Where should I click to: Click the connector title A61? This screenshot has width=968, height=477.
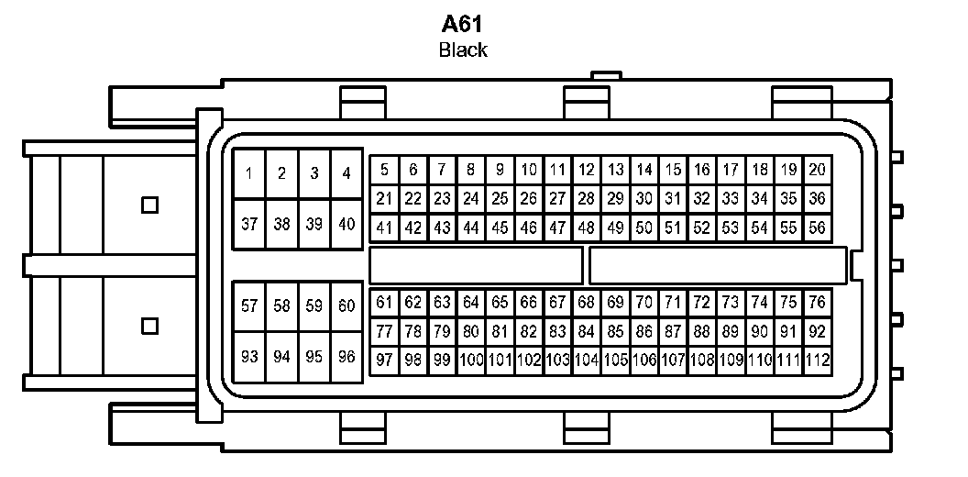[462, 25]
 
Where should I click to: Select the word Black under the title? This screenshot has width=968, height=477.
[462, 50]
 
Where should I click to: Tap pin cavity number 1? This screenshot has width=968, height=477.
[249, 173]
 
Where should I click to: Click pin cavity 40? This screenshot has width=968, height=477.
[346, 224]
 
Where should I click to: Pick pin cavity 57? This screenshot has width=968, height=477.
[249, 306]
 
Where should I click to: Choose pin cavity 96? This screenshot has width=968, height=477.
[346, 357]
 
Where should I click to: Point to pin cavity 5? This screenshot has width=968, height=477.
[384, 170]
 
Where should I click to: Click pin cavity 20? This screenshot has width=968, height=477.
[817, 170]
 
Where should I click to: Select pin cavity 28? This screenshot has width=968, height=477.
[586, 198]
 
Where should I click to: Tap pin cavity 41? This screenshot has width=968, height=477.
[384, 227]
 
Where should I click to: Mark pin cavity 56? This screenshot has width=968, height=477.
[817, 227]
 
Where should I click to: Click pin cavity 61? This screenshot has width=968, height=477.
[384, 303]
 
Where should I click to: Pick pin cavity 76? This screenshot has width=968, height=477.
[817, 303]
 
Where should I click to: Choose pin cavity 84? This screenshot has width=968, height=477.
[586, 331]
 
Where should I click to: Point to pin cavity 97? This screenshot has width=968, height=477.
[384, 361]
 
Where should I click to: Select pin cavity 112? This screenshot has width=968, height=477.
[817, 361]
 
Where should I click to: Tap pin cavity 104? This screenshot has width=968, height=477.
[586, 361]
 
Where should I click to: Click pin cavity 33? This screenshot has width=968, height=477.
[730, 198]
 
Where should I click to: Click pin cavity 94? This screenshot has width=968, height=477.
[281, 357]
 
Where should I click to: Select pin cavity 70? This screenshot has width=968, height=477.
[643, 303]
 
